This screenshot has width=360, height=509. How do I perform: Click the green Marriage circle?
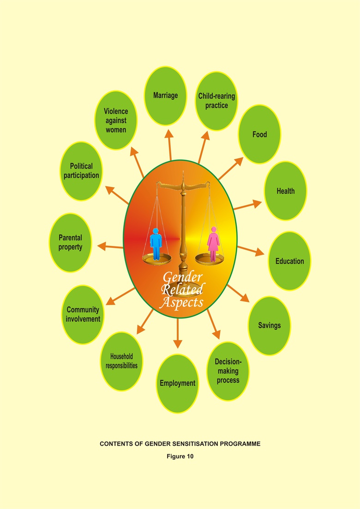coord(165,96)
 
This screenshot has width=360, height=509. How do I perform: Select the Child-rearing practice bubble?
coord(216,101)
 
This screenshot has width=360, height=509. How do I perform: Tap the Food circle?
coord(260,134)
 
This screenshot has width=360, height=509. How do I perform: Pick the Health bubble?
coord(286,191)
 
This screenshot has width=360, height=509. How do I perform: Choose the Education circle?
coord(289,261)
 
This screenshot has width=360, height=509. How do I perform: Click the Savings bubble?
coord(270,326)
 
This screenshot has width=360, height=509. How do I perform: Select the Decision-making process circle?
coord(228,371)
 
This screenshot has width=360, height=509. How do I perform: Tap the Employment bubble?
coord(178,383)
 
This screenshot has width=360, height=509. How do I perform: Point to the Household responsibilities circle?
coord(121,361)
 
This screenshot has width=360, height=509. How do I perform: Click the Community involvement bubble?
coord(83,315)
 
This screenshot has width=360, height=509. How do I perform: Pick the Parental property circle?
coord(71,242)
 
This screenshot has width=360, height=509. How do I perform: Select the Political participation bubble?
coord(81,171)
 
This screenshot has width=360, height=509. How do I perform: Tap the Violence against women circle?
coord(116,120)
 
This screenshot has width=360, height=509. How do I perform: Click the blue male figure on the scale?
coord(156,244)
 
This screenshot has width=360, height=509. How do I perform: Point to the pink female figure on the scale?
coord(213,244)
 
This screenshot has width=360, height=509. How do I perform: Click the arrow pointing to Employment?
coord(178,333)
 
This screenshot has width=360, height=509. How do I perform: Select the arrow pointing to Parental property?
coord(110,246)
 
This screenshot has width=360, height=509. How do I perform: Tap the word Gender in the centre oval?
coord(182,277)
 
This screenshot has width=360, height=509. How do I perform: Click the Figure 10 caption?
coord(180,456)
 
